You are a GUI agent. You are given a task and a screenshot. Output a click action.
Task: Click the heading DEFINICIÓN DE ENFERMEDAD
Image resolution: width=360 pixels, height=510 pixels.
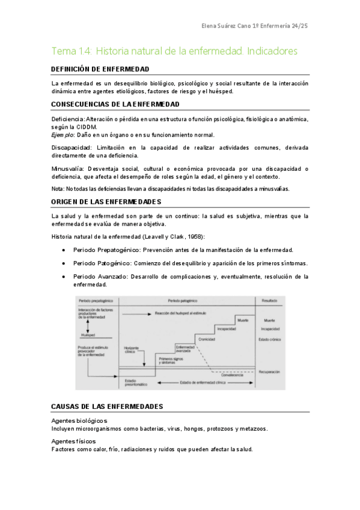point(100,69)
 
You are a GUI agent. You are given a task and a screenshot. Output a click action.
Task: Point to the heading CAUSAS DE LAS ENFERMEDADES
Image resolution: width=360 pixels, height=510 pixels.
point(108,407)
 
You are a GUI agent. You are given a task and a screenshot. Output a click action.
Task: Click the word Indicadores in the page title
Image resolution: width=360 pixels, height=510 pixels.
point(273,51)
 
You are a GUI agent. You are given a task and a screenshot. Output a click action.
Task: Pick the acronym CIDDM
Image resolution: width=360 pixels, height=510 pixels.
point(85,127)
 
